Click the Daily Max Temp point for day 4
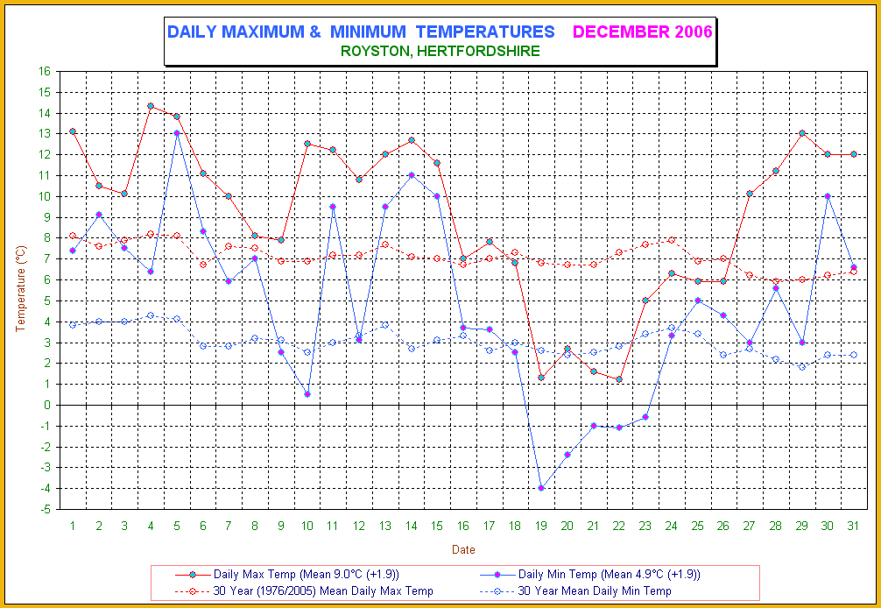click(x=151, y=106)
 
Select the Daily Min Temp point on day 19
click(x=541, y=488)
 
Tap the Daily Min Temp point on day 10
click(x=307, y=394)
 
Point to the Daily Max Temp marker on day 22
click(x=619, y=379)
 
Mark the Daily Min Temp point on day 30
click(x=828, y=196)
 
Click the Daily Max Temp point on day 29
click(x=801, y=133)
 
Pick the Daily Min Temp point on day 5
click(x=177, y=133)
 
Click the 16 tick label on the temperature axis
click(x=46, y=71)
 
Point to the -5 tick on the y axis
click(x=46, y=509)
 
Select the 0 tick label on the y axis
click(x=48, y=405)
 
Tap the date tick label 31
click(x=853, y=525)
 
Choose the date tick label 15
click(x=437, y=525)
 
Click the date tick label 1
click(x=73, y=525)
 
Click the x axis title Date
click(x=463, y=549)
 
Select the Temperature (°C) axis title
click(x=22, y=289)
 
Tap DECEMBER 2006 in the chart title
click(x=643, y=32)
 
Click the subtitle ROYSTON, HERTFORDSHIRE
click(x=440, y=52)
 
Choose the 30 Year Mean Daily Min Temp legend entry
click(x=594, y=591)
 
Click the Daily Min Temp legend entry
click(x=609, y=575)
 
